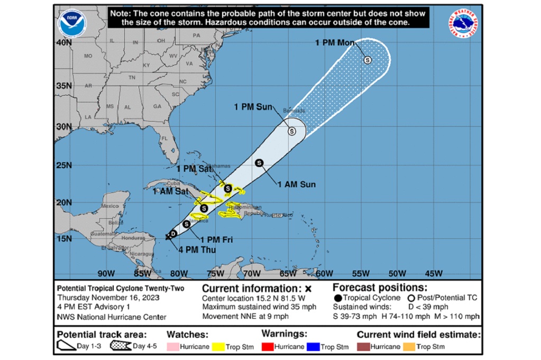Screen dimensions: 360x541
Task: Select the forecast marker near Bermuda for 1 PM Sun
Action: pyautogui.click(x=291, y=131)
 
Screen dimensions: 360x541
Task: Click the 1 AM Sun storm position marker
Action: pyautogui.click(x=259, y=163)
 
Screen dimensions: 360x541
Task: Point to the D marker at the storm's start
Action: pyautogui.click(x=173, y=233)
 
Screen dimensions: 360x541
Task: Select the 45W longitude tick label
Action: pyautogui.click(x=433, y=273)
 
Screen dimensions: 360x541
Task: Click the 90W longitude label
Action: pyautogui.click(x=106, y=273)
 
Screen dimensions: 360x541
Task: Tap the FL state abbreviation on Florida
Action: pyautogui.click(x=165, y=139)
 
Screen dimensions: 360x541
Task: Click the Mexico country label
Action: pyautogui.click(x=110, y=206)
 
